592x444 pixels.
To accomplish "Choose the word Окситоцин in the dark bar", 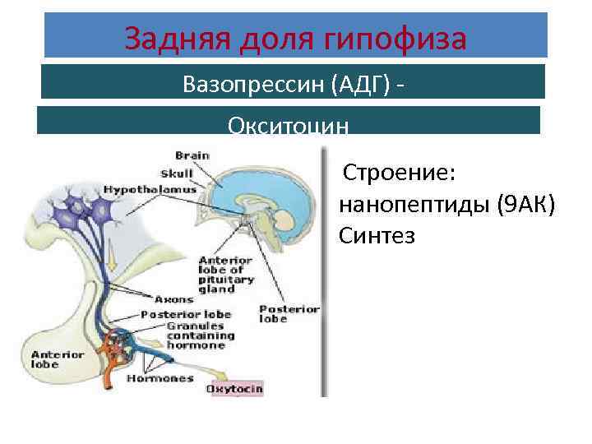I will [x=289, y=126].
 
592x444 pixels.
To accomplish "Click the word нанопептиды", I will [x=413, y=205].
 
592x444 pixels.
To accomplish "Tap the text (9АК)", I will [x=527, y=205].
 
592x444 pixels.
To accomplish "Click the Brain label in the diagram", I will [x=192, y=155].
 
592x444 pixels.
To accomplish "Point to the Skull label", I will [x=177, y=173].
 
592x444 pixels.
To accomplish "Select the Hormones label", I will [x=160, y=379].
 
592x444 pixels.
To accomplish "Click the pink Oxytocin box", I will [x=234, y=387].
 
